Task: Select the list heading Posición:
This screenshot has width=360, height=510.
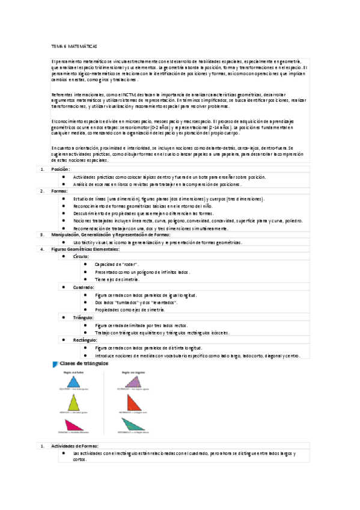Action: click(x=61, y=170)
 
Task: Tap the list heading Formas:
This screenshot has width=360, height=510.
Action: click(x=59, y=191)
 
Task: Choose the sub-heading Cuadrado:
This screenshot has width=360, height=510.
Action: click(x=83, y=287)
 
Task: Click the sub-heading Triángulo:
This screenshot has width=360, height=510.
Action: click(x=84, y=317)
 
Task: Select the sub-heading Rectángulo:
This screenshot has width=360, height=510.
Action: click(x=85, y=340)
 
